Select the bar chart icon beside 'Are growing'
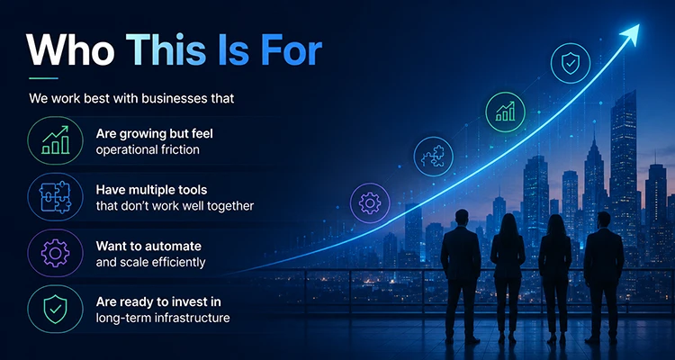tap(55, 140)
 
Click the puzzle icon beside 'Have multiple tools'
tap(55, 197)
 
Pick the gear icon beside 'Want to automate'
tap(55, 253)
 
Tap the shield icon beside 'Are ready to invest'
tap(55, 310)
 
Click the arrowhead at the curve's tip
tap(630, 34)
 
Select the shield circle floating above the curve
tap(571, 63)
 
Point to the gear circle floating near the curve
tap(370, 203)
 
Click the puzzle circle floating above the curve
tap(434, 157)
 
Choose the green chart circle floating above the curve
tap(505, 112)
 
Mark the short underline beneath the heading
tap(43, 78)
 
